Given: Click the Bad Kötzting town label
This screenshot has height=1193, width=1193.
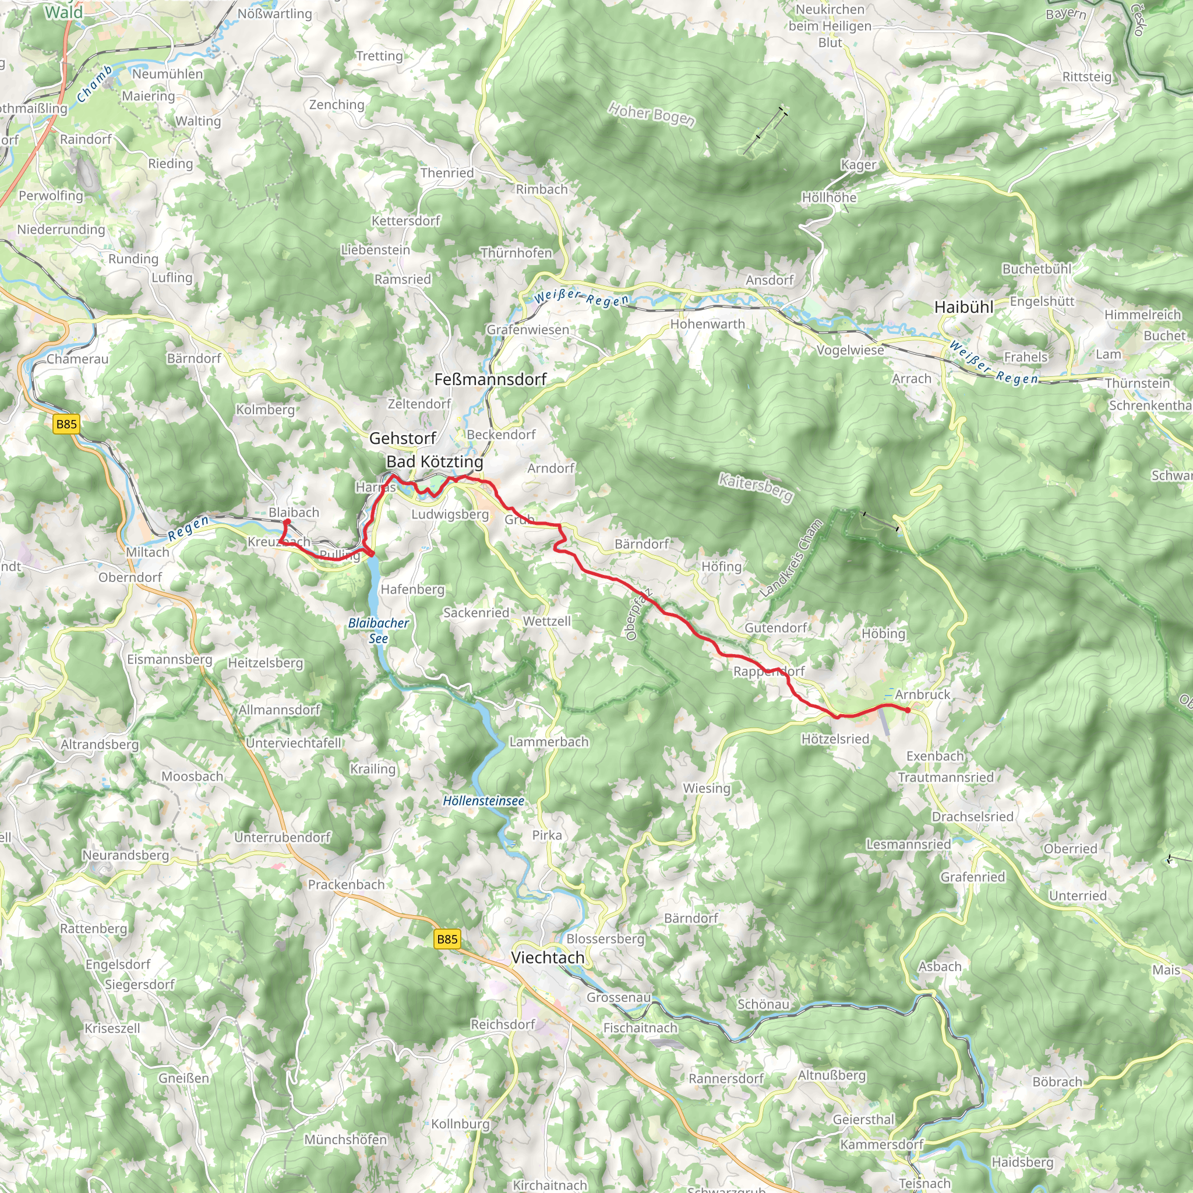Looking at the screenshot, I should pos(434,461).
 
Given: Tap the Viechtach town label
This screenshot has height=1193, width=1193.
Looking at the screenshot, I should pos(547,957).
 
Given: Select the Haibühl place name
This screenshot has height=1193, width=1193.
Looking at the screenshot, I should pos(963,307).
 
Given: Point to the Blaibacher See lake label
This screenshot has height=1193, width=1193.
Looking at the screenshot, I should pos(378,630).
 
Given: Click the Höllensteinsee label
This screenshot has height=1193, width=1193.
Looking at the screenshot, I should pos(483,801).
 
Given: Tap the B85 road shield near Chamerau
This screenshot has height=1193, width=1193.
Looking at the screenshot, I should pos(66,423).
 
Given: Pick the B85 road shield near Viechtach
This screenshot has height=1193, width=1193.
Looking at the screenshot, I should pos(446,939).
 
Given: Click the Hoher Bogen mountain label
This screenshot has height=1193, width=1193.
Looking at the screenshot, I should pos(651,114).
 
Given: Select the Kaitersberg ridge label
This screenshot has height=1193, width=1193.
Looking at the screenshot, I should pos(755,487).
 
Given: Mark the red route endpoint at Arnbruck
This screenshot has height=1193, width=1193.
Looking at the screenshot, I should pos(907,710).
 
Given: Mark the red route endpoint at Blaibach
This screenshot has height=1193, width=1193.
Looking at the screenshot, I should pos(287,522).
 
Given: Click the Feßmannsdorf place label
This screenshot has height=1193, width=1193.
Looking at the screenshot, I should pos(490,379).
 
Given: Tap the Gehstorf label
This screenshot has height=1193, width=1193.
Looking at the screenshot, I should pos(403,438).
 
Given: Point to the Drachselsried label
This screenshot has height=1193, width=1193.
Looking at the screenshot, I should pos(972,816).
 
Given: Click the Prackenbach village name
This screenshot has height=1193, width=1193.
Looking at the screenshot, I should pos(346,884).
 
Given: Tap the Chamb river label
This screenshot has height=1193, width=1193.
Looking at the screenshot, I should pos(94,84).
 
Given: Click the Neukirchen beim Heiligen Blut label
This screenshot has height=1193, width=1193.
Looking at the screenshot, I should pos(830,26).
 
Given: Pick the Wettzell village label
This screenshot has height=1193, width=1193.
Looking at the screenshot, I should pos(546,620).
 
